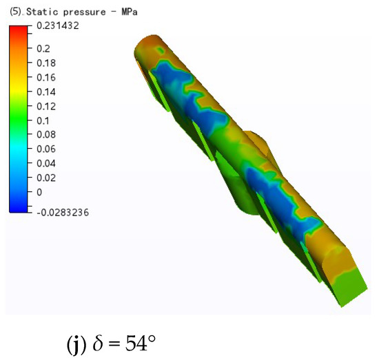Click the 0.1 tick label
[43, 120]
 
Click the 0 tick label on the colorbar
[39, 191]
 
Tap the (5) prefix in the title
[15, 12]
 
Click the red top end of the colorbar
[19, 30]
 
